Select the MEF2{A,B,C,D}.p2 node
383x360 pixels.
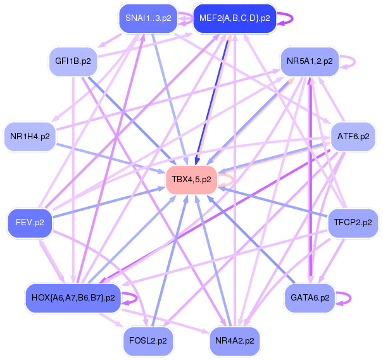point(234,18)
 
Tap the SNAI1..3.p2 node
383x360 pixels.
point(148,18)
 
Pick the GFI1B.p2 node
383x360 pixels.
point(73,62)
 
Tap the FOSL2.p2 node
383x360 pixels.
point(148,340)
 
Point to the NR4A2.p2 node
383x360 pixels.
point(234,340)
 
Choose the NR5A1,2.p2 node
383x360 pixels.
point(310,62)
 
